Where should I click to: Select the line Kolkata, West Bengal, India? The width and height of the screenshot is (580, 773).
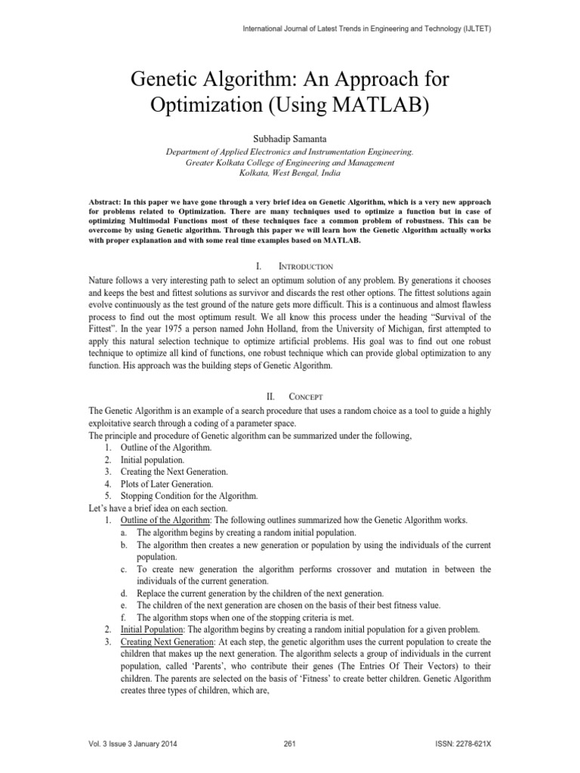coord(289,173)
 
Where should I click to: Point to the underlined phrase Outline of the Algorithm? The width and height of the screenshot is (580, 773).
coord(168,520)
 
